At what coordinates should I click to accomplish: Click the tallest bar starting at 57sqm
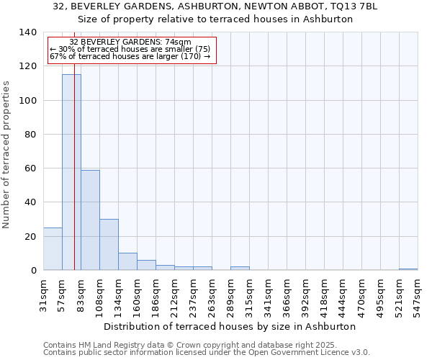point(71,173)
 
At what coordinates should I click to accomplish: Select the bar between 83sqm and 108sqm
point(90,220)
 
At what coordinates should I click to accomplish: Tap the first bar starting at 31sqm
point(53,249)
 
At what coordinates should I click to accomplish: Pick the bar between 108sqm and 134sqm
point(109,245)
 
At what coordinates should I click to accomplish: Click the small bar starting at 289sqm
point(240,269)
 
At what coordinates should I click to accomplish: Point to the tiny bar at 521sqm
point(408,269)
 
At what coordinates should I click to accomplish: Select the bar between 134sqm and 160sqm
point(127,262)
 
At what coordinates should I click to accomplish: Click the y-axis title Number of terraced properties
point(7,155)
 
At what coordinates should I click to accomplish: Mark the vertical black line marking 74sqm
point(74,180)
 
